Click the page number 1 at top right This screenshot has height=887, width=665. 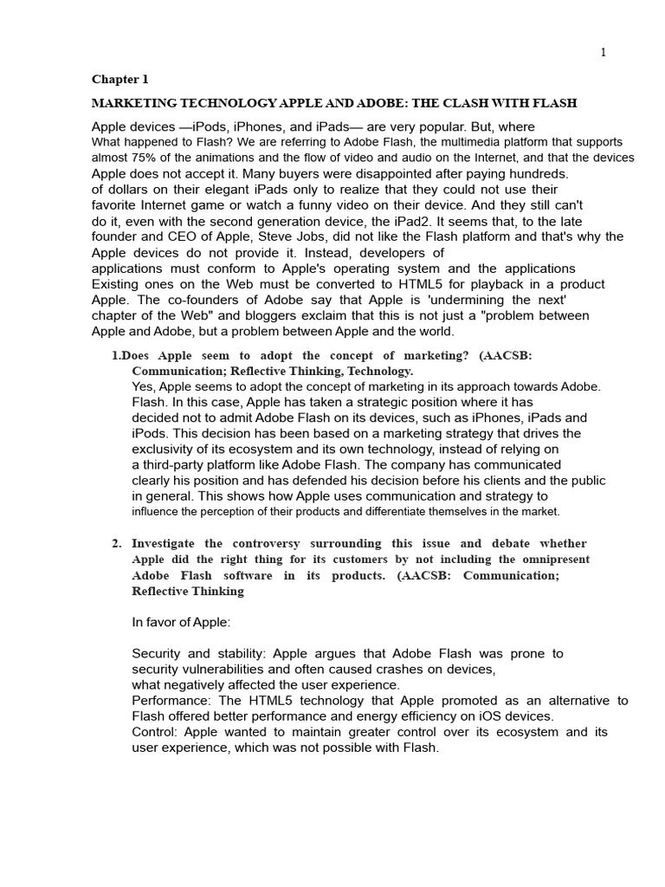click(x=604, y=53)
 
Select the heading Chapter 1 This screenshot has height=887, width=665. click(x=120, y=80)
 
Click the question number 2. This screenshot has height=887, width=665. click(x=116, y=544)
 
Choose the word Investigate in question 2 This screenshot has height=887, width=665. click(x=167, y=544)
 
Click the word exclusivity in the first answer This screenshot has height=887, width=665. click(x=165, y=449)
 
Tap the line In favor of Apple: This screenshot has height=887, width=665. click(x=181, y=622)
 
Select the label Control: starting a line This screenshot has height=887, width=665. click(x=156, y=732)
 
